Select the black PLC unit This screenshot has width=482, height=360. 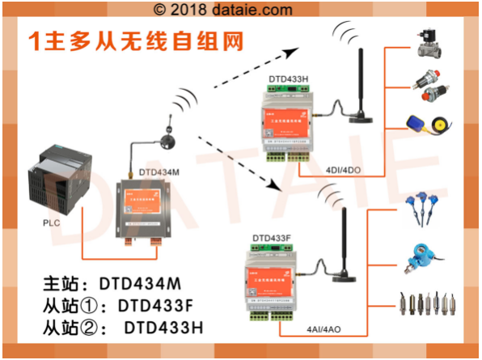click(55, 177)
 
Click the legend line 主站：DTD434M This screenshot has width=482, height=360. click(122, 285)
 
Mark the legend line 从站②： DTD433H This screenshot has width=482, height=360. click(122, 328)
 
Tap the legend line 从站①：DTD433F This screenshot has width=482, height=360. click(122, 307)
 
